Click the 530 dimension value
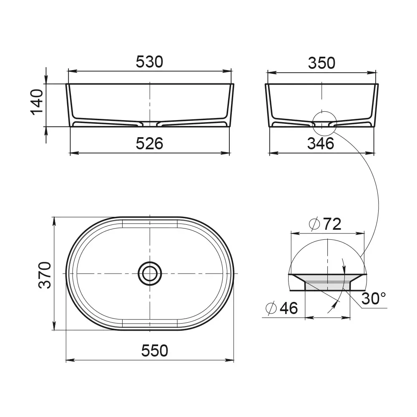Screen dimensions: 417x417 click(x=149, y=62)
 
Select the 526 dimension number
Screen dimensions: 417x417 click(x=149, y=143)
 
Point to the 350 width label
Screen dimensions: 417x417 click(x=322, y=63)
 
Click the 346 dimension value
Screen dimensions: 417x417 click(x=321, y=143)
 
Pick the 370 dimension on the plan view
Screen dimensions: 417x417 click(x=45, y=275)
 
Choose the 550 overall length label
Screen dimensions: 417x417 click(x=155, y=351)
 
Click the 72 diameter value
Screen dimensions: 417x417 click(x=332, y=224)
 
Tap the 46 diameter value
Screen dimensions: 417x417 click(x=289, y=308)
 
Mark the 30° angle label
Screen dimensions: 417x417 click(x=374, y=299)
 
